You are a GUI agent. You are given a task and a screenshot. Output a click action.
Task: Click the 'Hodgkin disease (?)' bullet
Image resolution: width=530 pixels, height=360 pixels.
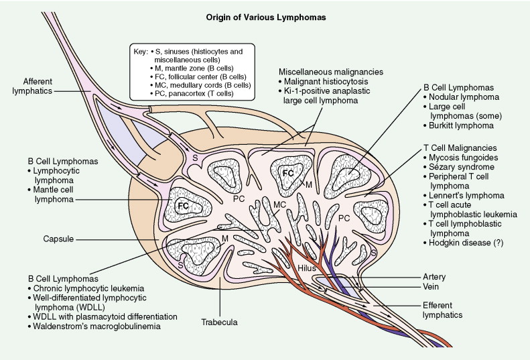468,258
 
